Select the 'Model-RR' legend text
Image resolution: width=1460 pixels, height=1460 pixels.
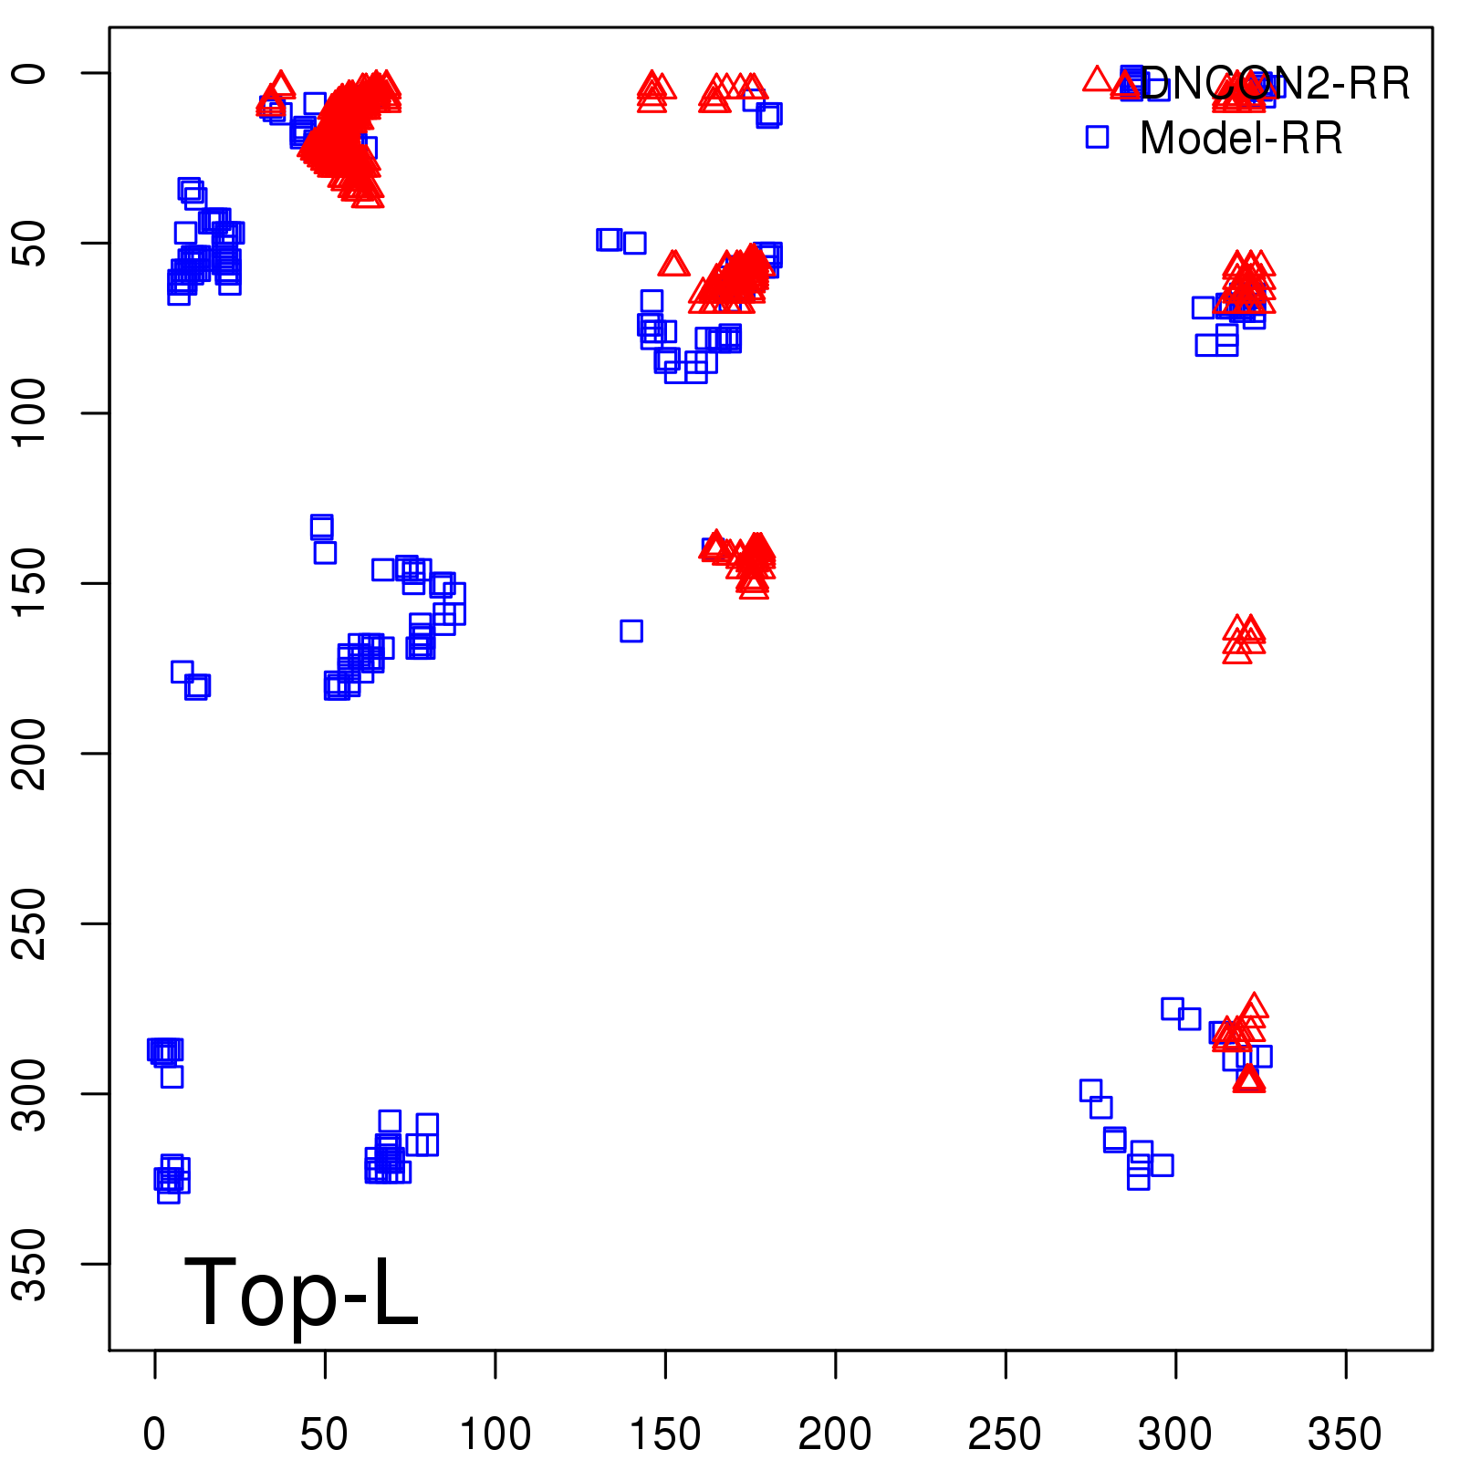tap(1241, 139)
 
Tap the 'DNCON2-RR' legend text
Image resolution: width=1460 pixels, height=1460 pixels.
tap(1275, 84)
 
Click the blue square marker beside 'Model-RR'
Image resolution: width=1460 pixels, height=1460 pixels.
tap(1097, 137)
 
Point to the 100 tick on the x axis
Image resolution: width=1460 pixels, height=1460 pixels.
tap(495, 1434)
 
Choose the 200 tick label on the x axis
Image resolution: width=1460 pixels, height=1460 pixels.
tap(835, 1434)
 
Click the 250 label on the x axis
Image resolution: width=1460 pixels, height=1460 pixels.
tap(1005, 1434)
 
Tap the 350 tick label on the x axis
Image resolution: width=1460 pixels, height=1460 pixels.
tap(1345, 1434)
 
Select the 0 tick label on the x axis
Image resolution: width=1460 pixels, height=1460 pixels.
tap(154, 1434)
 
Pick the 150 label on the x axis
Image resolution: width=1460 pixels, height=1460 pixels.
tap(665, 1434)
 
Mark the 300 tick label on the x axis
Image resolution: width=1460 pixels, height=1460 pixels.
tap(1175, 1434)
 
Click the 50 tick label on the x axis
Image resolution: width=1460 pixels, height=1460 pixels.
tap(324, 1434)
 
